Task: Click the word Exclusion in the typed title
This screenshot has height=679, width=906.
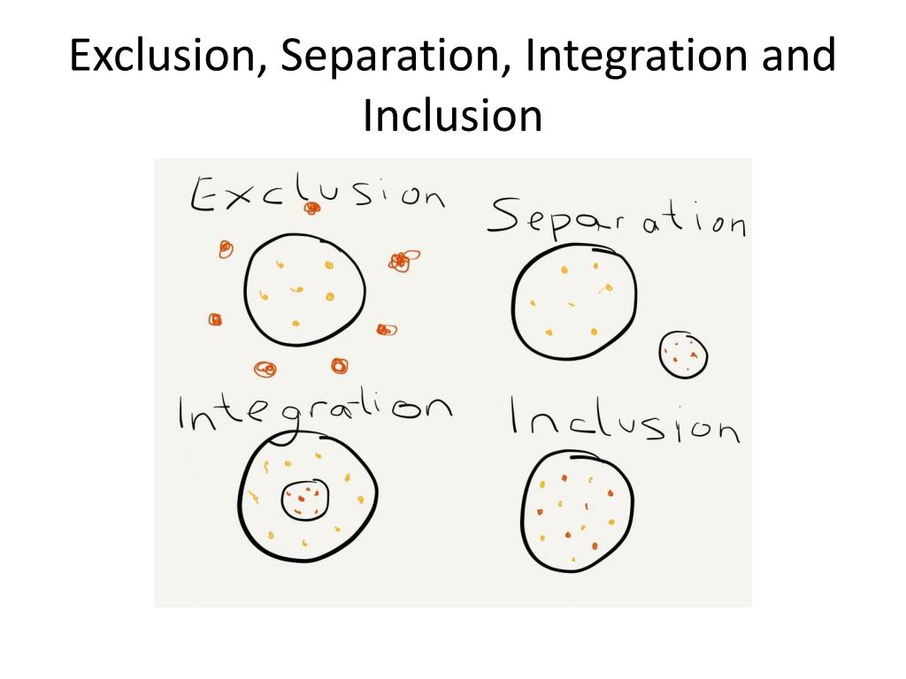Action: [165, 58]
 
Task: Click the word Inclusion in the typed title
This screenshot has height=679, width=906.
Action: [452, 115]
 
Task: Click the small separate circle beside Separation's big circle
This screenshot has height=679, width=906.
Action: [684, 355]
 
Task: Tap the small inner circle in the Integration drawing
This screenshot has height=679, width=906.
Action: [306, 501]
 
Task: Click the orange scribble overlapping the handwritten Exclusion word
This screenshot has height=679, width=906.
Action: [311, 208]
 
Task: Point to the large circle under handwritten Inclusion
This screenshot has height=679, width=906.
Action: [578, 509]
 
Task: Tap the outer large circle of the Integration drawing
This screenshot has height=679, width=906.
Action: [307, 499]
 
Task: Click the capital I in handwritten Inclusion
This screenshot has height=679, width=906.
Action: [517, 416]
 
